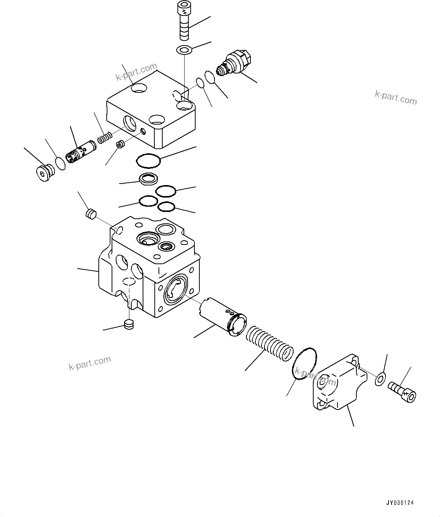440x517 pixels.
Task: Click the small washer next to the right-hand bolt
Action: point(380,379)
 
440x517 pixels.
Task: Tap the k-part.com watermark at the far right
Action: point(396,98)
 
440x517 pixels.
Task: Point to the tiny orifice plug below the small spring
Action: point(121,145)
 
